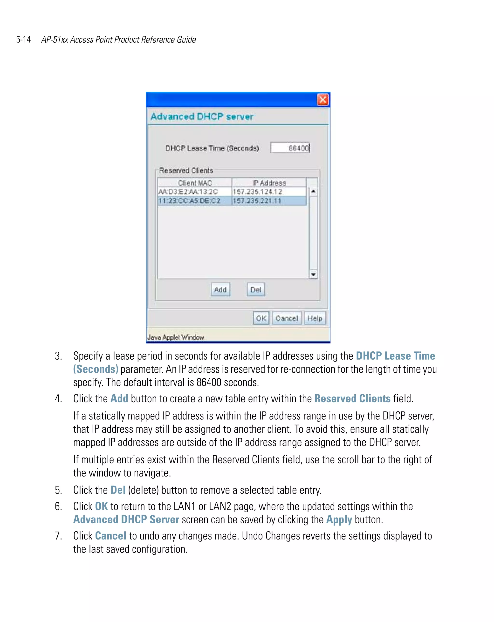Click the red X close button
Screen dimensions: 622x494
pyautogui.click(x=322, y=100)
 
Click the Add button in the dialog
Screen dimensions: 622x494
pyautogui.click(x=220, y=289)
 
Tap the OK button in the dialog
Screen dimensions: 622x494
pyautogui.click(x=261, y=318)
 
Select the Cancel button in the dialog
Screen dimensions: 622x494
pyautogui.click(x=286, y=318)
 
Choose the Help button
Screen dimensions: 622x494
pyautogui.click(x=315, y=318)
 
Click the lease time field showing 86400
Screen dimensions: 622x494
pyautogui.click(x=290, y=148)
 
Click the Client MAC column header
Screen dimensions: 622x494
pyautogui.click(x=195, y=183)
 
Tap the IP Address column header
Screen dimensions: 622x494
pyautogui.click(x=269, y=183)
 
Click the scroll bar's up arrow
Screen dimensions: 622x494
pyautogui.click(x=313, y=191)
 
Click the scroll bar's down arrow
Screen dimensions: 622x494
pyautogui.click(x=313, y=274)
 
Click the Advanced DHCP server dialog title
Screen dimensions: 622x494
pyautogui.click(x=202, y=116)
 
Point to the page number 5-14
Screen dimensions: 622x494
pyautogui.click(x=23, y=40)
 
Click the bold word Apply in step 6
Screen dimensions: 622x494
pyautogui.click(x=339, y=519)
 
